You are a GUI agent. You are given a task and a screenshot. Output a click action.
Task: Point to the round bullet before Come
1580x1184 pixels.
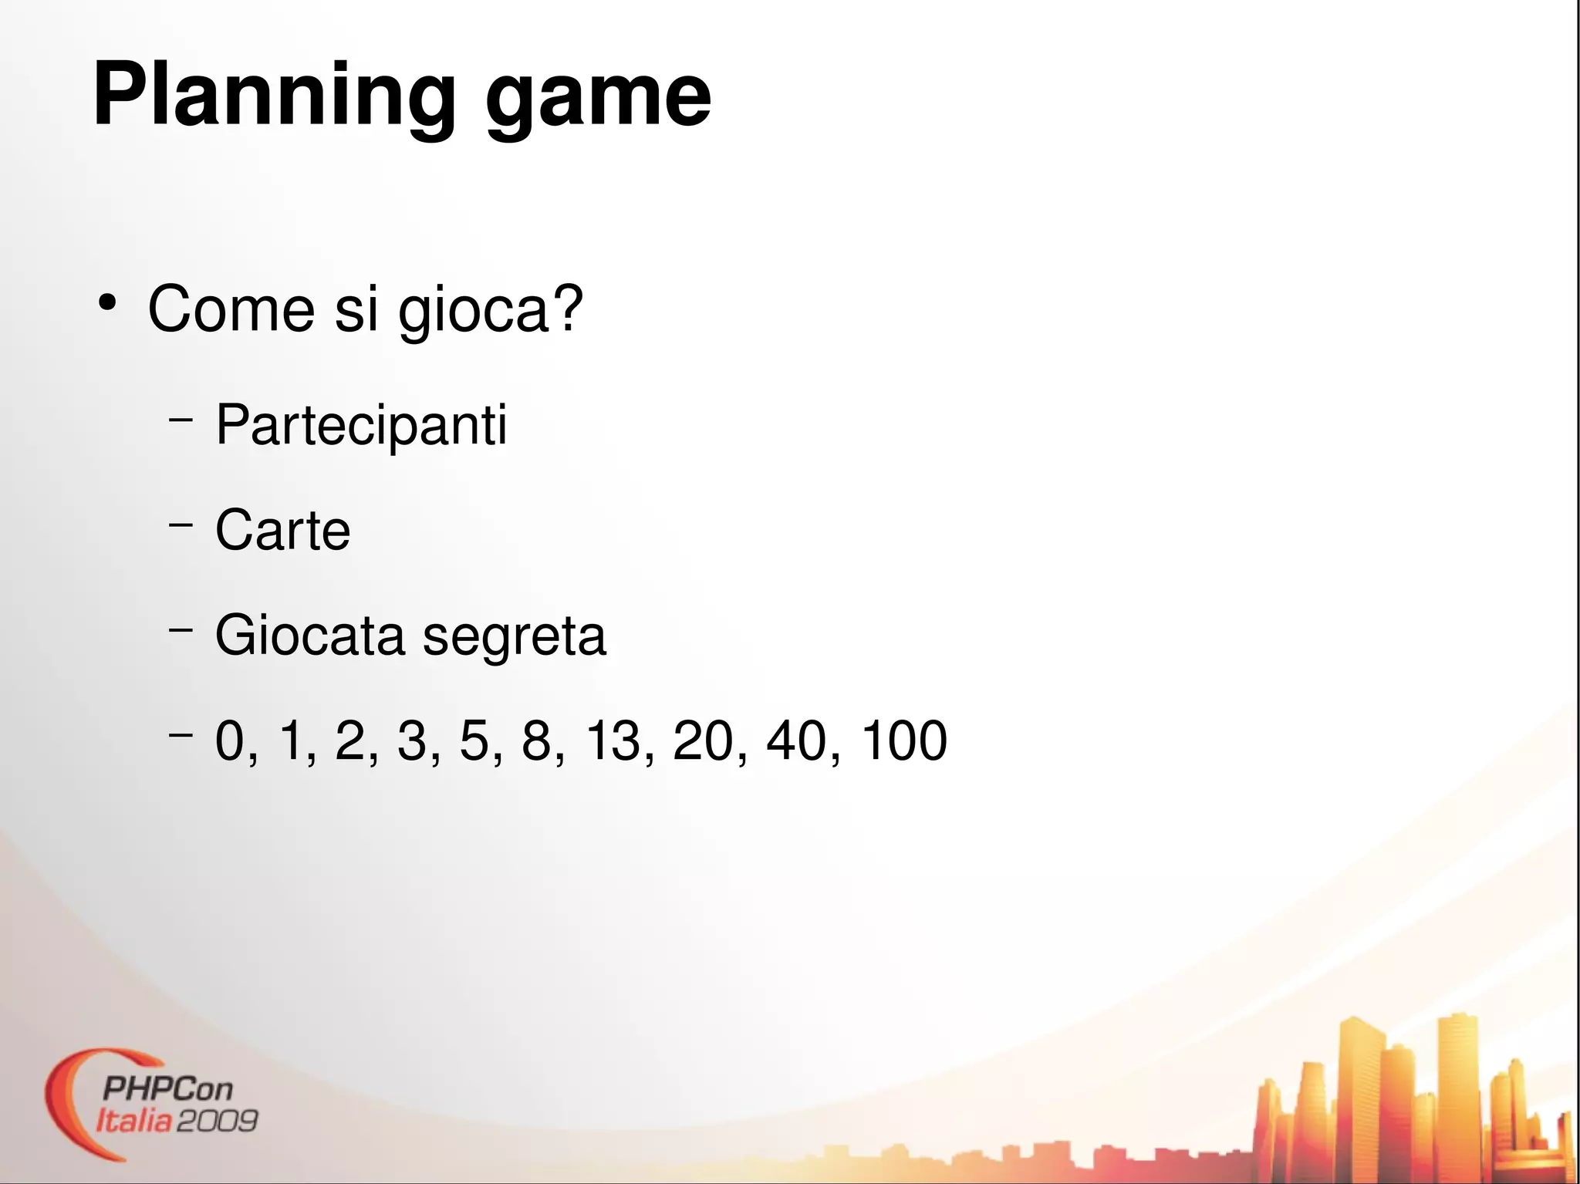[107, 302]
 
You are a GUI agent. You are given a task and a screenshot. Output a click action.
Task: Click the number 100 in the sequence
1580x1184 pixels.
[903, 740]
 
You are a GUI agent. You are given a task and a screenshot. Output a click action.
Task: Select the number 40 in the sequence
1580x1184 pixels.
[796, 740]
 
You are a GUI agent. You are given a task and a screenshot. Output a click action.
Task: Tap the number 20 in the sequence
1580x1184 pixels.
[703, 740]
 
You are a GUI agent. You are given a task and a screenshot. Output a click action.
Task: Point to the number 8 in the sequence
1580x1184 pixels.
[537, 740]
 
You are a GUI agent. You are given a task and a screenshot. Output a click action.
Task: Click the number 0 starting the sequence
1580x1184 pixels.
[230, 740]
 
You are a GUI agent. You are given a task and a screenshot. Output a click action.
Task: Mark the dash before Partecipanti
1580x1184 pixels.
[180, 420]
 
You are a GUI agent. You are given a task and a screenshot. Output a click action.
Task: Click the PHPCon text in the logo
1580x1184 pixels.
[167, 1089]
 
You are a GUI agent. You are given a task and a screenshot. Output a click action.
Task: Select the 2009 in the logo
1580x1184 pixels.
[218, 1121]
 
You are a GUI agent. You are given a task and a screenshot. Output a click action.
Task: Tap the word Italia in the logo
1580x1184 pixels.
[133, 1121]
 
